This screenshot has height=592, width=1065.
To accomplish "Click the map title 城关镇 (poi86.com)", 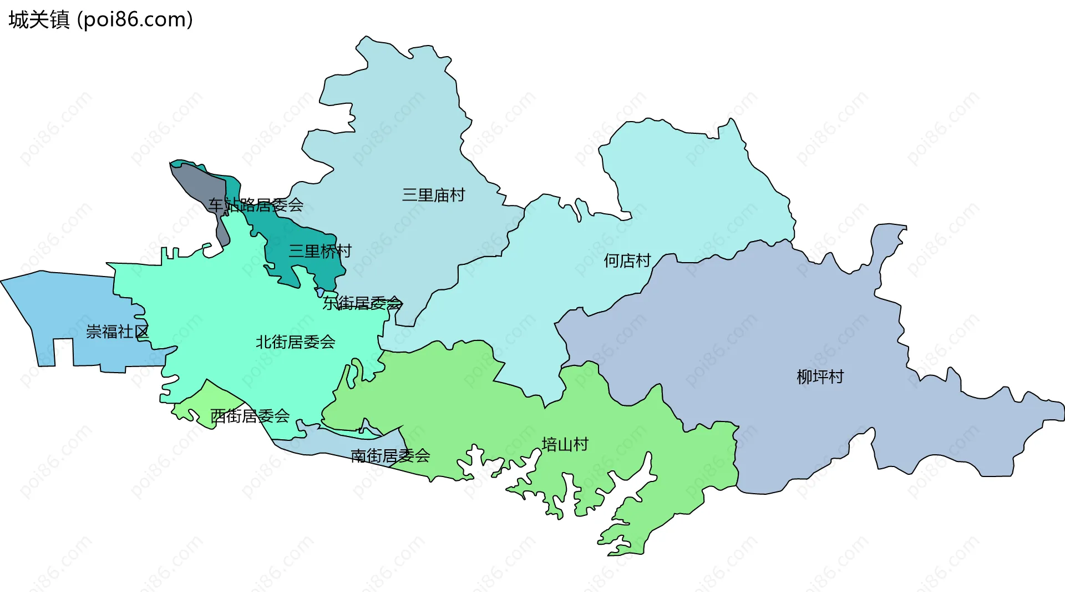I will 100,19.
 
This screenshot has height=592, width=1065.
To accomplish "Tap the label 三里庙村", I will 433,195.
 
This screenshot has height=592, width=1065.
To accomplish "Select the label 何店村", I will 627,260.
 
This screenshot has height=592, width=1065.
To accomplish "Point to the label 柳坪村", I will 820,377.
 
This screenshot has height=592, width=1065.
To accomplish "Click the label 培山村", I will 565,444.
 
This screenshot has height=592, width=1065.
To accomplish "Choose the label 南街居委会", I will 390,456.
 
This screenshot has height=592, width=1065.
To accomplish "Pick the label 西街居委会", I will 250,415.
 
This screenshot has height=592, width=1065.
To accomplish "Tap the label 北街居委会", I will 295,342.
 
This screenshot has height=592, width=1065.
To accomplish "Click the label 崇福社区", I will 117,332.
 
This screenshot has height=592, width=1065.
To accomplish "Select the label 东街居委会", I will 362,303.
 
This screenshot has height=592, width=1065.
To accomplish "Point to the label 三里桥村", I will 320,251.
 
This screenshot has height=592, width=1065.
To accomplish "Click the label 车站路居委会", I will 256,205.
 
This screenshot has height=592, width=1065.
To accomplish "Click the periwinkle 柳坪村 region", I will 777,333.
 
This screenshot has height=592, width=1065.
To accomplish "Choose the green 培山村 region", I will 471,400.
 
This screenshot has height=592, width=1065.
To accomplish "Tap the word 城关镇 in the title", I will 39,19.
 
